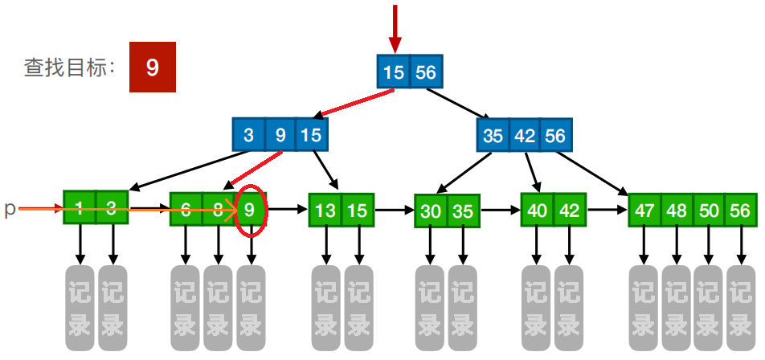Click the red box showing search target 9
[153, 68]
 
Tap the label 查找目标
[70, 68]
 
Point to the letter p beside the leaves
[10, 209]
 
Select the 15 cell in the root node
[394, 72]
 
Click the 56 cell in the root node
[425, 72]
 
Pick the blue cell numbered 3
[248, 135]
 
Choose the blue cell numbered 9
[280, 135]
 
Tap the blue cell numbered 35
[493, 135]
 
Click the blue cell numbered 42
[525, 135]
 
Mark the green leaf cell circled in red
[251, 211]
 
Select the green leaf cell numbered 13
[325, 211]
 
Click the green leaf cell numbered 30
[431, 211]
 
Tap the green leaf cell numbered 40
[537, 211]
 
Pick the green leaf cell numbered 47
[644, 211]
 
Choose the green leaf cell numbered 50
[709, 211]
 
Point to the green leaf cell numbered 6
[186, 211]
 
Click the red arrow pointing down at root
[394, 28]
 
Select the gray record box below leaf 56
[740, 307]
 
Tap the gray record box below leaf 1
[80, 307]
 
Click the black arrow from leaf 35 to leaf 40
[500, 211]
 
